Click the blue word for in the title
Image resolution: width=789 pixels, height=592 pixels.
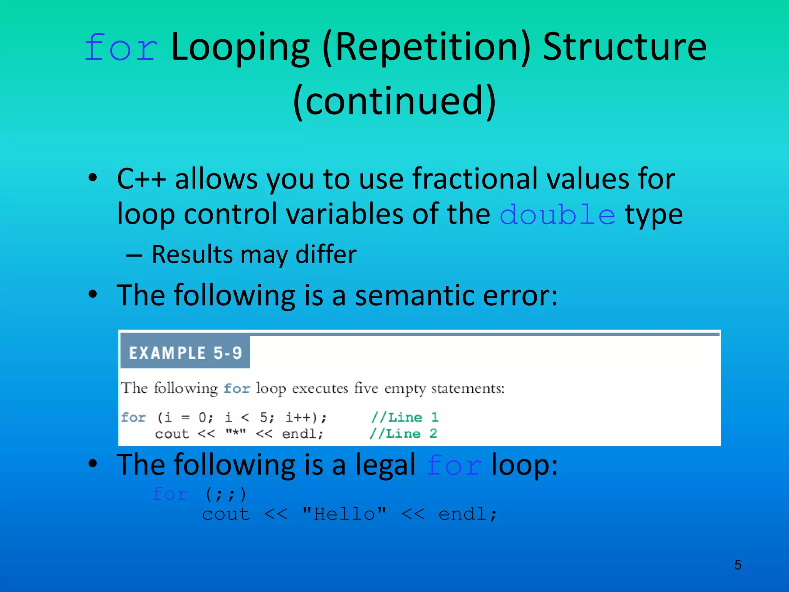[121, 48]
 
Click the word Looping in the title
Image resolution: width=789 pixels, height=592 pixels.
[240, 48]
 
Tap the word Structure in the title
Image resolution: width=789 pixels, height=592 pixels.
[624, 48]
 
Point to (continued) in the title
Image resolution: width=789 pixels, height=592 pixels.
[394, 101]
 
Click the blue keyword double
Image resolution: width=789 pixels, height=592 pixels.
[557, 215]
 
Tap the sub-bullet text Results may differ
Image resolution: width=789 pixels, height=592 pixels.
[254, 255]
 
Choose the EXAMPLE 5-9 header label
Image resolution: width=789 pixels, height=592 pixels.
[185, 353]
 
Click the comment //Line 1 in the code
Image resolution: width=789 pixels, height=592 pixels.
[405, 417]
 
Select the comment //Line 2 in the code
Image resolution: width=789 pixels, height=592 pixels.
[403, 434]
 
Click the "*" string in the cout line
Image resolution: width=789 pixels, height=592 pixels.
[235, 434]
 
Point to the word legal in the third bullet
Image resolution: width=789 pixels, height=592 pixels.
[385, 465]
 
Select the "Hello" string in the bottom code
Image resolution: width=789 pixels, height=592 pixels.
[344, 514]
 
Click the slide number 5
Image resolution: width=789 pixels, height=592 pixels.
[737, 565]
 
